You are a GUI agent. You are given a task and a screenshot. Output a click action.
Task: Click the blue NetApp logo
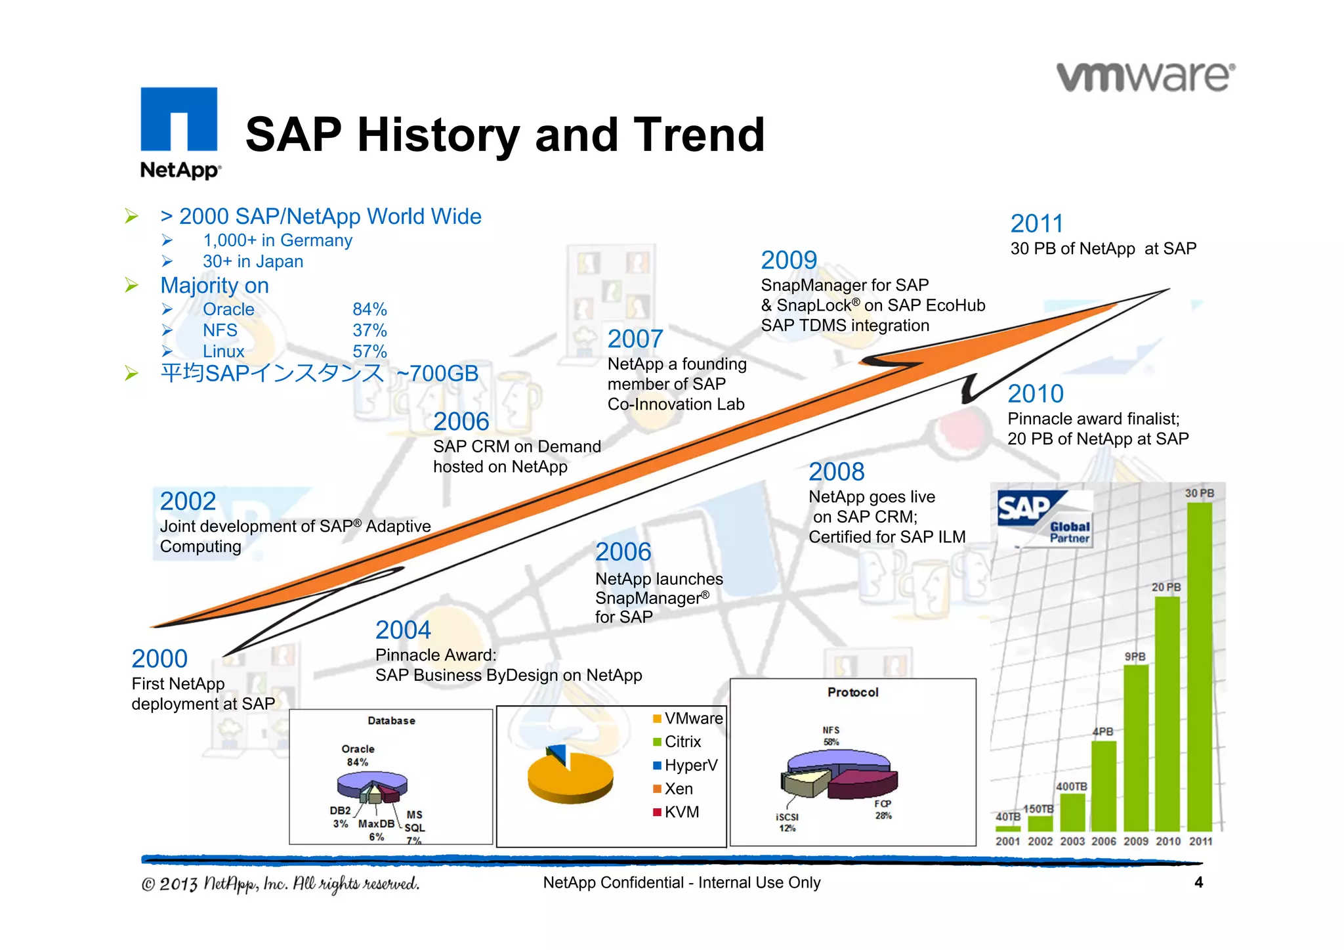click(x=179, y=131)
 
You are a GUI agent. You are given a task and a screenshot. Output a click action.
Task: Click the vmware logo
click(x=1146, y=77)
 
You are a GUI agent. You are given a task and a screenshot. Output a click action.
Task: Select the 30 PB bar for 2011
click(x=1200, y=666)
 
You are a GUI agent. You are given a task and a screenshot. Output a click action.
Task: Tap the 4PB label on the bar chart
click(x=1103, y=731)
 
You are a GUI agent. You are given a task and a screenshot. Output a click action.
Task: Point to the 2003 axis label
click(x=1072, y=841)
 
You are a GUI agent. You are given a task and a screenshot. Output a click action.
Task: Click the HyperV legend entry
click(x=685, y=766)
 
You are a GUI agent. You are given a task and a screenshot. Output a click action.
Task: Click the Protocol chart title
click(x=852, y=692)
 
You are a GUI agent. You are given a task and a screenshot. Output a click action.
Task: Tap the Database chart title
click(x=391, y=720)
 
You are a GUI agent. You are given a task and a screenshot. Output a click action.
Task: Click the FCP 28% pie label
click(x=883, y=810)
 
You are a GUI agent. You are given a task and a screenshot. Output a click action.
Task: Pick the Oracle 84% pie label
click(x=358, y=755)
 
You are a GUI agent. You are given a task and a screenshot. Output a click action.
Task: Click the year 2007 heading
click(x=635, y=339)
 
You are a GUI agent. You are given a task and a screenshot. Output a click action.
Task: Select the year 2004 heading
click(x=403, y=630)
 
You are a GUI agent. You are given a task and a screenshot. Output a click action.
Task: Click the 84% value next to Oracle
click(x=369, y=309)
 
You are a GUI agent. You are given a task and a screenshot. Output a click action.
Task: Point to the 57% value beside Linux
click(x=369, y=351)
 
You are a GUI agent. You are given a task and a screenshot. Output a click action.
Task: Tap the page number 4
click(x=1198, y=882)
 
